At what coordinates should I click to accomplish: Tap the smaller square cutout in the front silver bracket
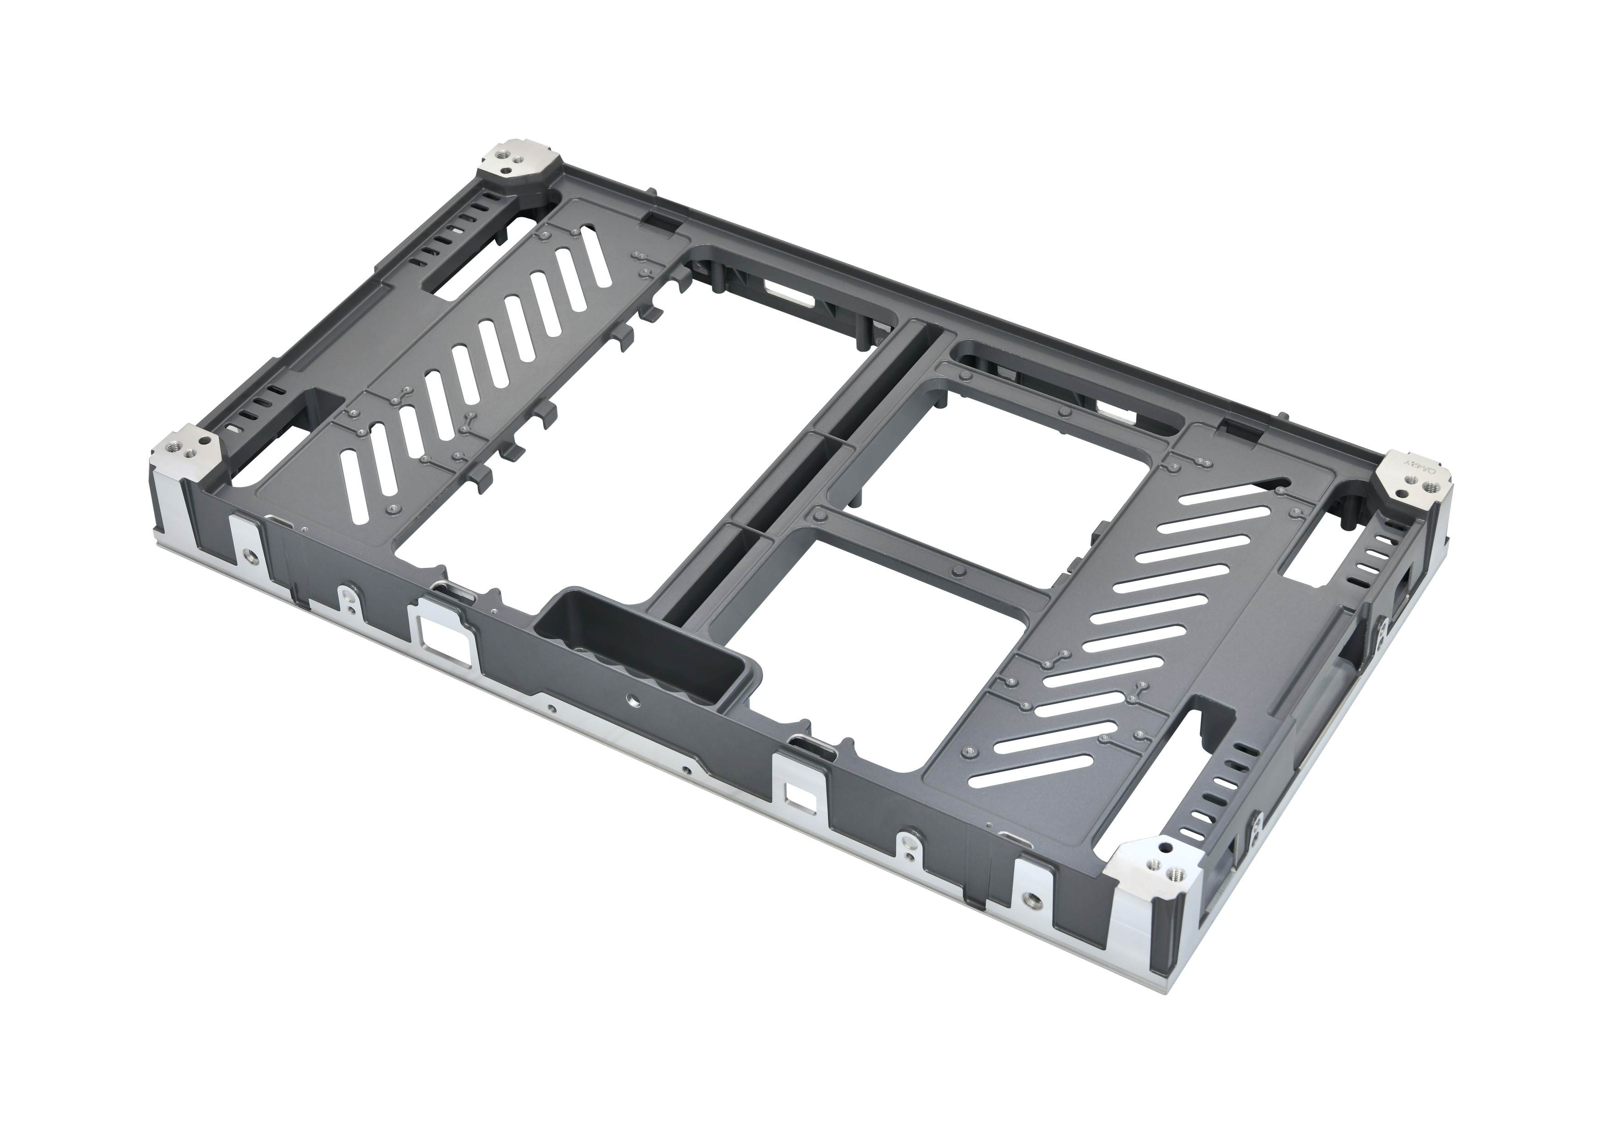795,794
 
